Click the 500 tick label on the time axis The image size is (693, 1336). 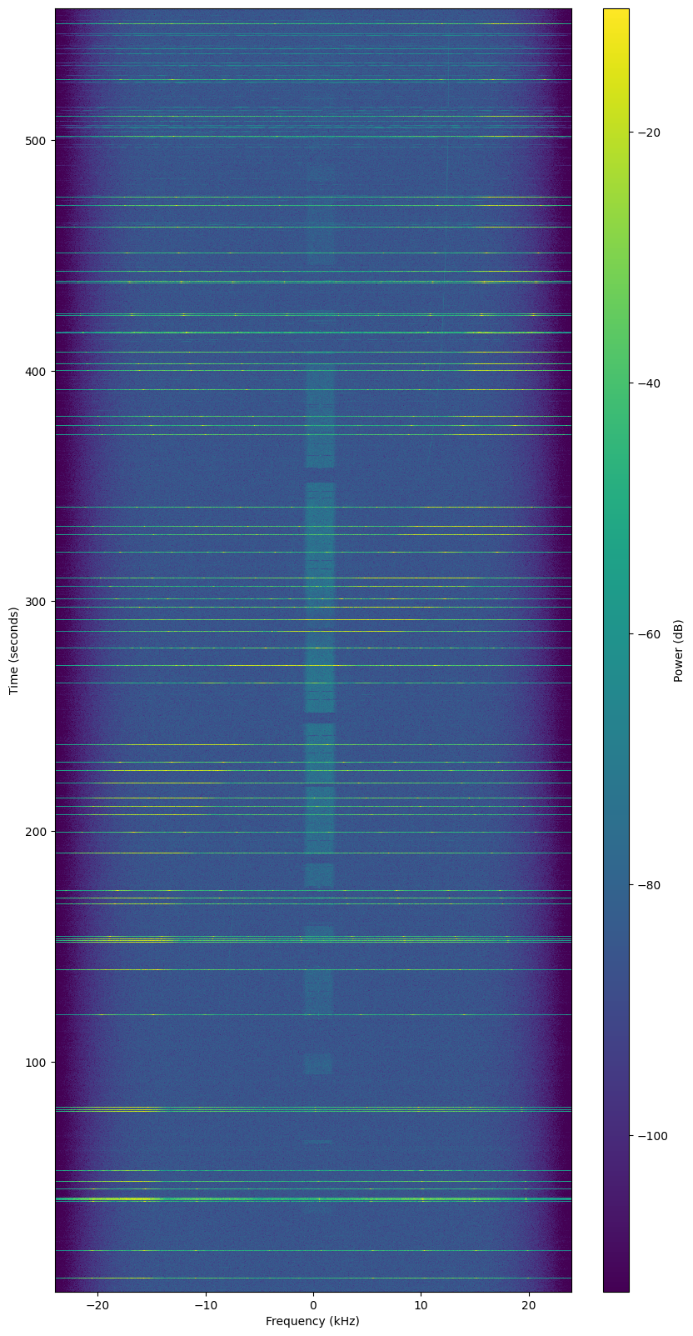coord(36,140)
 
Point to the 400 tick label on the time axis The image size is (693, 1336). coord(36,371)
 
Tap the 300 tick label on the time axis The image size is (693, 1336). coord(36,601)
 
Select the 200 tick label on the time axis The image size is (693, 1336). coord(36,832)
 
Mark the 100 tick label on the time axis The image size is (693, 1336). coord(36,1063)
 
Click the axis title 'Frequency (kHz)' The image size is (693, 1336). coord(313,1321)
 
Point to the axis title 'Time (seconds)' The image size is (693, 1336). coord(13,650)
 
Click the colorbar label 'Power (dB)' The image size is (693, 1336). coord(680,650)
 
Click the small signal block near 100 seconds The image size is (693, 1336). coord(317,1063)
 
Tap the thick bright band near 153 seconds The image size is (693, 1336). coord(313,940)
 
